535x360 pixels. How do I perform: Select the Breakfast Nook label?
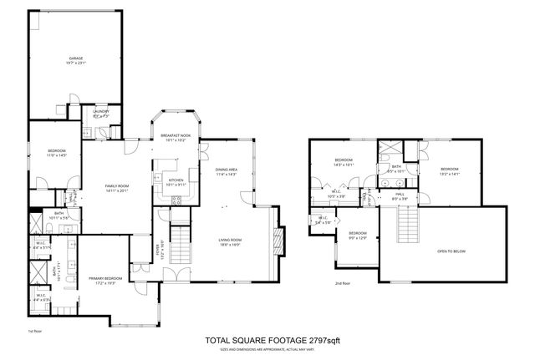[x=176, y=138]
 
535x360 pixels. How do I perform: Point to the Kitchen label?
[x=176, y=182]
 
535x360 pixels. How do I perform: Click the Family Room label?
[x=115, y=188]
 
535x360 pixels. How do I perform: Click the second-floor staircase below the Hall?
[x=409, y=224]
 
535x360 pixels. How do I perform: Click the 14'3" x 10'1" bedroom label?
[x=344, y=162]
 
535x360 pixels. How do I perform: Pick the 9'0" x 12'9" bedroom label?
[x=357, y=236]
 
